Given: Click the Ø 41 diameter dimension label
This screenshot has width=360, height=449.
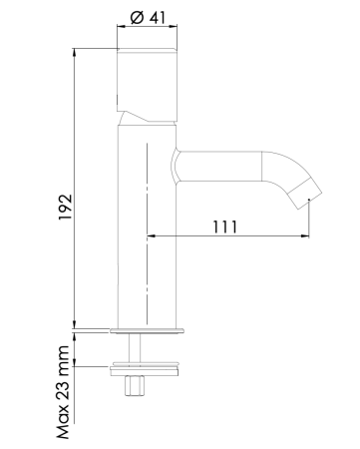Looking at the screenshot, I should (x=148, y=18).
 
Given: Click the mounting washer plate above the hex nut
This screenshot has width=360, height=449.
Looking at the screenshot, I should (x=148, y=369).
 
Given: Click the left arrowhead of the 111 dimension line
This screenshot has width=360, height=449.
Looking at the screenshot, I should (x=153, y=237).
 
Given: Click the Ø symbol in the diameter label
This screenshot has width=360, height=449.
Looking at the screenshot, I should (x=136, y=18).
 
